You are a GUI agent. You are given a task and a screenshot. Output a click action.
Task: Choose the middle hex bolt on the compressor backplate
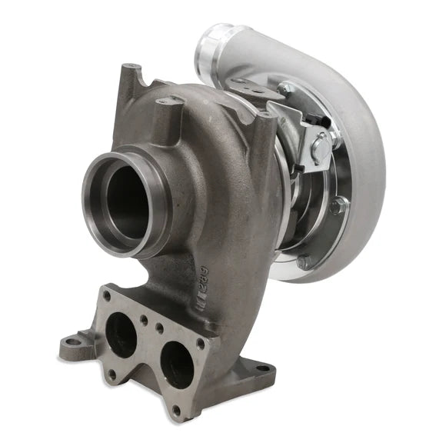point(335,206)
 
